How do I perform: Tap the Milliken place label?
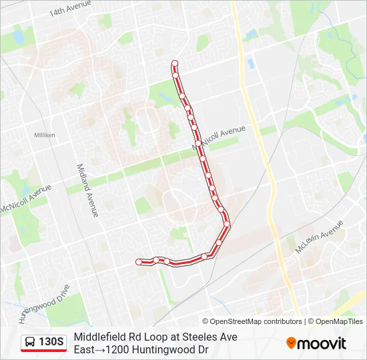[45, 135]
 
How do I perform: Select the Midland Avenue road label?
[87, 191]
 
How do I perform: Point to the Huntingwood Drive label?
[46, 303]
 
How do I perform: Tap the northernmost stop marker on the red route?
[175, 64]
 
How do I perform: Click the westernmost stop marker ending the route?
[139, 262]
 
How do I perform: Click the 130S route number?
[51, 343]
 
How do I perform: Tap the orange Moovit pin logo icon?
[291, 343]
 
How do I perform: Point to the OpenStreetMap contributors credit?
[256, 321]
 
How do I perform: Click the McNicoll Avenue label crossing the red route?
[220, 137]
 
